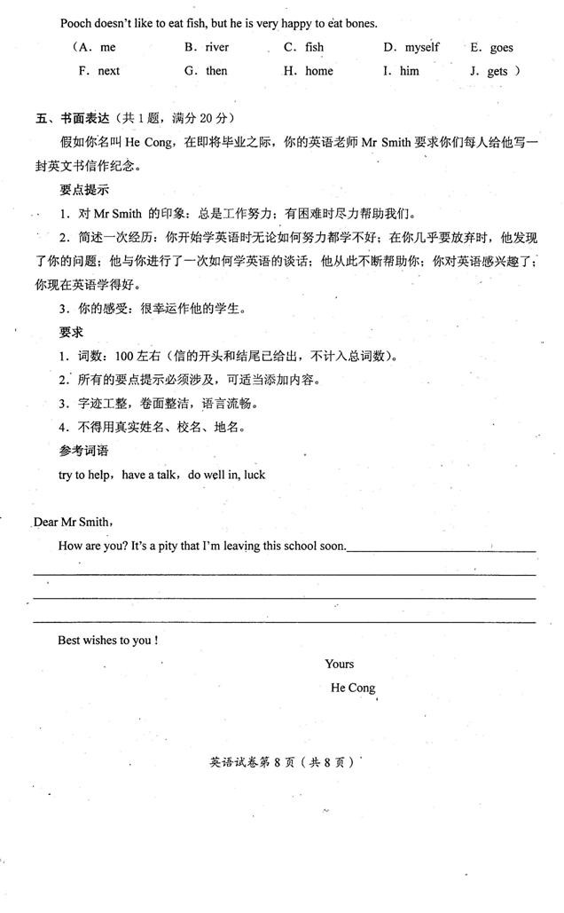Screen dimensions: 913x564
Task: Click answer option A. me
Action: pos(97,47)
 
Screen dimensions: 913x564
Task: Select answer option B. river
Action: pos(207,47)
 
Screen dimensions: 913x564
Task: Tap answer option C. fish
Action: pos(304,47)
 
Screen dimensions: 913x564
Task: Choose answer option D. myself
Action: pos(411,47)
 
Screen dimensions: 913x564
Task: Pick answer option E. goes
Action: pos(491,48)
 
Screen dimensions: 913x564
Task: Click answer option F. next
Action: pos(98,70)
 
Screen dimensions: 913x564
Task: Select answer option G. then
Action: pos(207,70)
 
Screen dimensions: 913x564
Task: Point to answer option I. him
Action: pos(402,70)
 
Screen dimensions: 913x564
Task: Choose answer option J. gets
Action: pos(492,71)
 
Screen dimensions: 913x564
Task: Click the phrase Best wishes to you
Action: pos(107,640)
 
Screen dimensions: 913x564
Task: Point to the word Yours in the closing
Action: pos(340,664)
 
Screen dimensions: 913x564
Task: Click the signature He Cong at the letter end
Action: pos(353,688)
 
